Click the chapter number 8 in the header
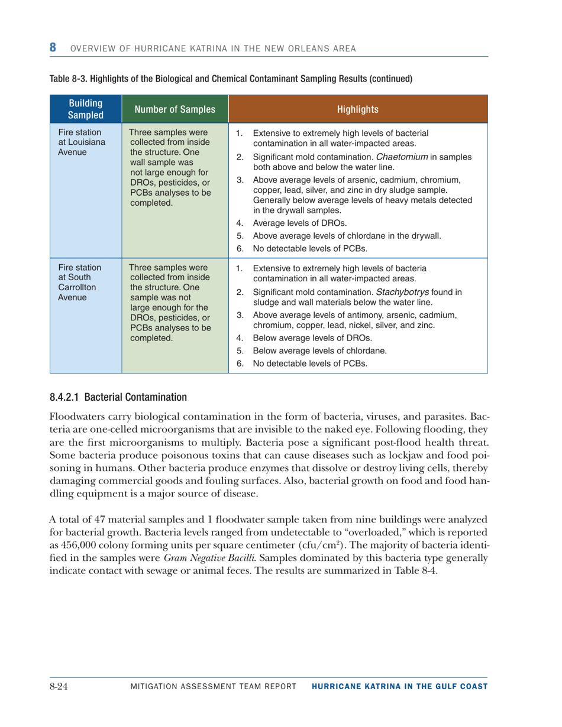(x=53, y=47)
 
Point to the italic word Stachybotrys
(x=421, y=292)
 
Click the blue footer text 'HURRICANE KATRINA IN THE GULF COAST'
(x=399, y=686)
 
